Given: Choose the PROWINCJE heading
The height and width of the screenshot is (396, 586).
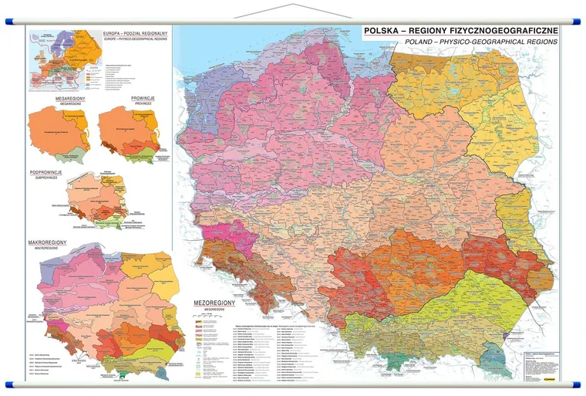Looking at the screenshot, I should [143, 99].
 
